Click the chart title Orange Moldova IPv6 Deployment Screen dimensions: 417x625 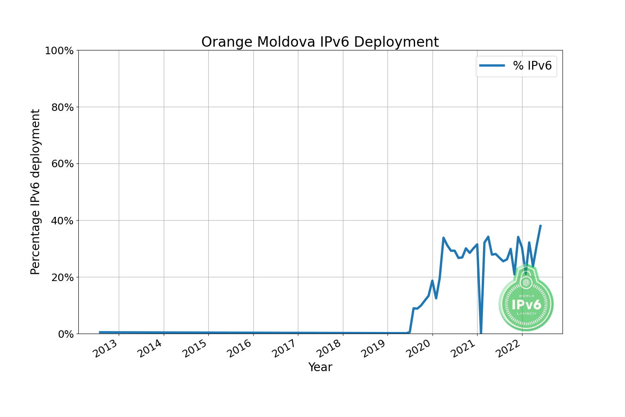coord(320,42)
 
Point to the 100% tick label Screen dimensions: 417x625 coord(59,50)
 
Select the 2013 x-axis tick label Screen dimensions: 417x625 coord(105,349)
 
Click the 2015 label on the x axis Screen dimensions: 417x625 coord(195,349)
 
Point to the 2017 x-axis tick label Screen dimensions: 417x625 coord(284,349)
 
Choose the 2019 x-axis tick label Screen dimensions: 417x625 coord(374,349)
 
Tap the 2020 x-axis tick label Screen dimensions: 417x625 coord(419,349)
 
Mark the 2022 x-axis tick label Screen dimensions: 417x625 coord(508,349)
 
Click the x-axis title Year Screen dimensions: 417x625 coord(320,367)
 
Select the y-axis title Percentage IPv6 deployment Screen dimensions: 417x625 coord(36,192)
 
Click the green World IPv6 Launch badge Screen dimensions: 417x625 coord(526,300)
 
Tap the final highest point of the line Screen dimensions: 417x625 coord(540,226)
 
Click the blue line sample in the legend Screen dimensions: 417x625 coord(492,65)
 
